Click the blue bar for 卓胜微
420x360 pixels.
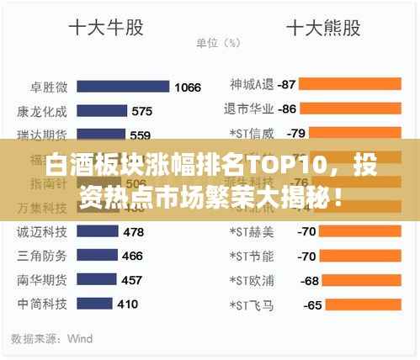click(126, 87)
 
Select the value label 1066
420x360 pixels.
click(188, 87)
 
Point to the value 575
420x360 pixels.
click(142, 111)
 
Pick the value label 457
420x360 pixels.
click(132, 280)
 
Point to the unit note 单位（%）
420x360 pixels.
click(218, 42)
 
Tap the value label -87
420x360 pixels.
click(286, 84)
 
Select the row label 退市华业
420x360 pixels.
click(249, 109)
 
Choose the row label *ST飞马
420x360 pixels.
click(252, 304)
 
